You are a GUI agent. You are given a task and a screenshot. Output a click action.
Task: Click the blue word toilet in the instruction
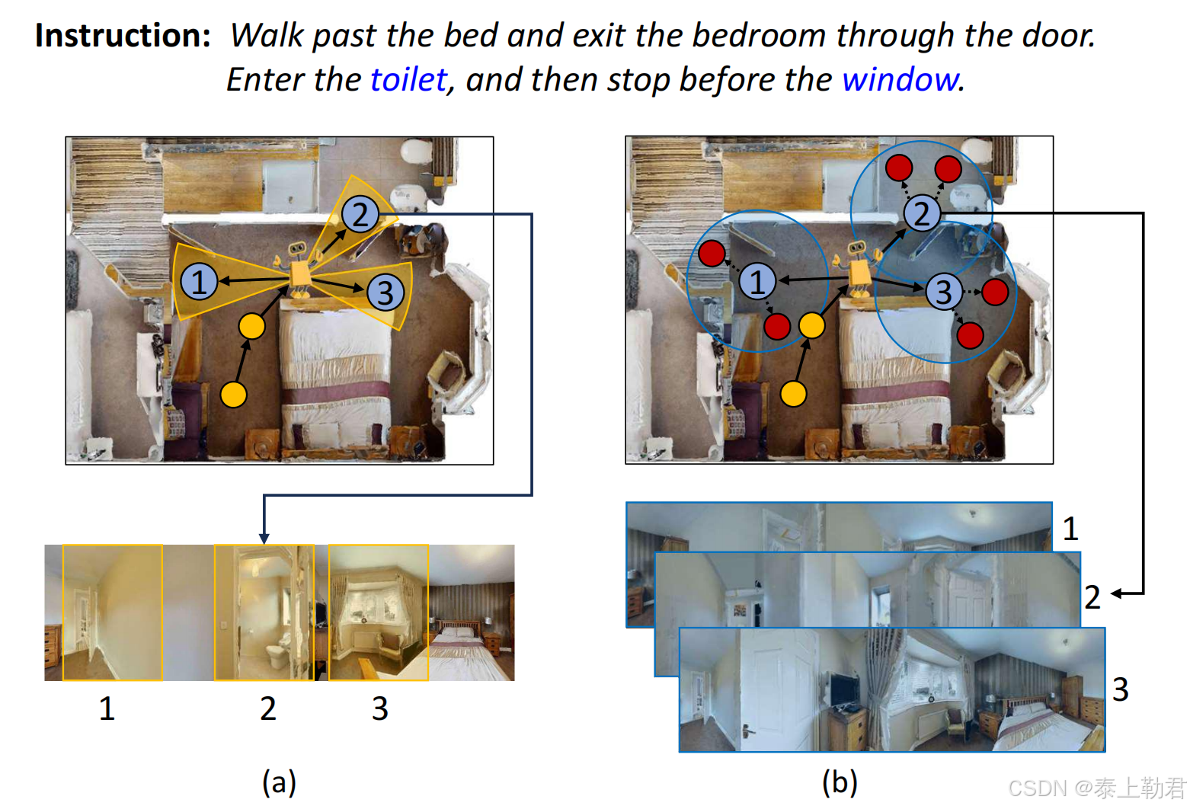408,80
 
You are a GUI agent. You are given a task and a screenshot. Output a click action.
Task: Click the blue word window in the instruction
900,80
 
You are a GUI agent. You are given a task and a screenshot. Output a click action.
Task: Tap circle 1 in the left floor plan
200,281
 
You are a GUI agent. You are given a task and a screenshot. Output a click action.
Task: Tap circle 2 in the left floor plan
360,214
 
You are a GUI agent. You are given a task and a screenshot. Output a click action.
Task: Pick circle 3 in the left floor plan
385,292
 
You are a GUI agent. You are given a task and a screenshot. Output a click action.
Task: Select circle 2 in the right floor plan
921,213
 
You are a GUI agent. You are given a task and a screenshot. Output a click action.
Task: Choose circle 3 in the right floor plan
944,291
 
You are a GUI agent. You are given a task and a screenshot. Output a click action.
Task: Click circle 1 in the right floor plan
757,281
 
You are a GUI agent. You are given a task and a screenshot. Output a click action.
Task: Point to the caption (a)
279,782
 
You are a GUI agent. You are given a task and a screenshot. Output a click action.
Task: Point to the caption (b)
840,782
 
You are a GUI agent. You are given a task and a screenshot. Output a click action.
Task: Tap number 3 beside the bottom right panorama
1120,689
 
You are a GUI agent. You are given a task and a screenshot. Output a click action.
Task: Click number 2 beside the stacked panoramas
1092,597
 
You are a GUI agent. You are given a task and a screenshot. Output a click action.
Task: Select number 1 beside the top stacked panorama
1070,529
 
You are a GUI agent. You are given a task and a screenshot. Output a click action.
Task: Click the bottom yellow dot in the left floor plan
233,395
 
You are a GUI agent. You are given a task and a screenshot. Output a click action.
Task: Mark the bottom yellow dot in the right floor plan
793,394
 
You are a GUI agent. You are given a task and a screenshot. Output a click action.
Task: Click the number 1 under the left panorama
107,708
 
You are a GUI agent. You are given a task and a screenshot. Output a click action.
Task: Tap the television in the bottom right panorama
844,690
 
